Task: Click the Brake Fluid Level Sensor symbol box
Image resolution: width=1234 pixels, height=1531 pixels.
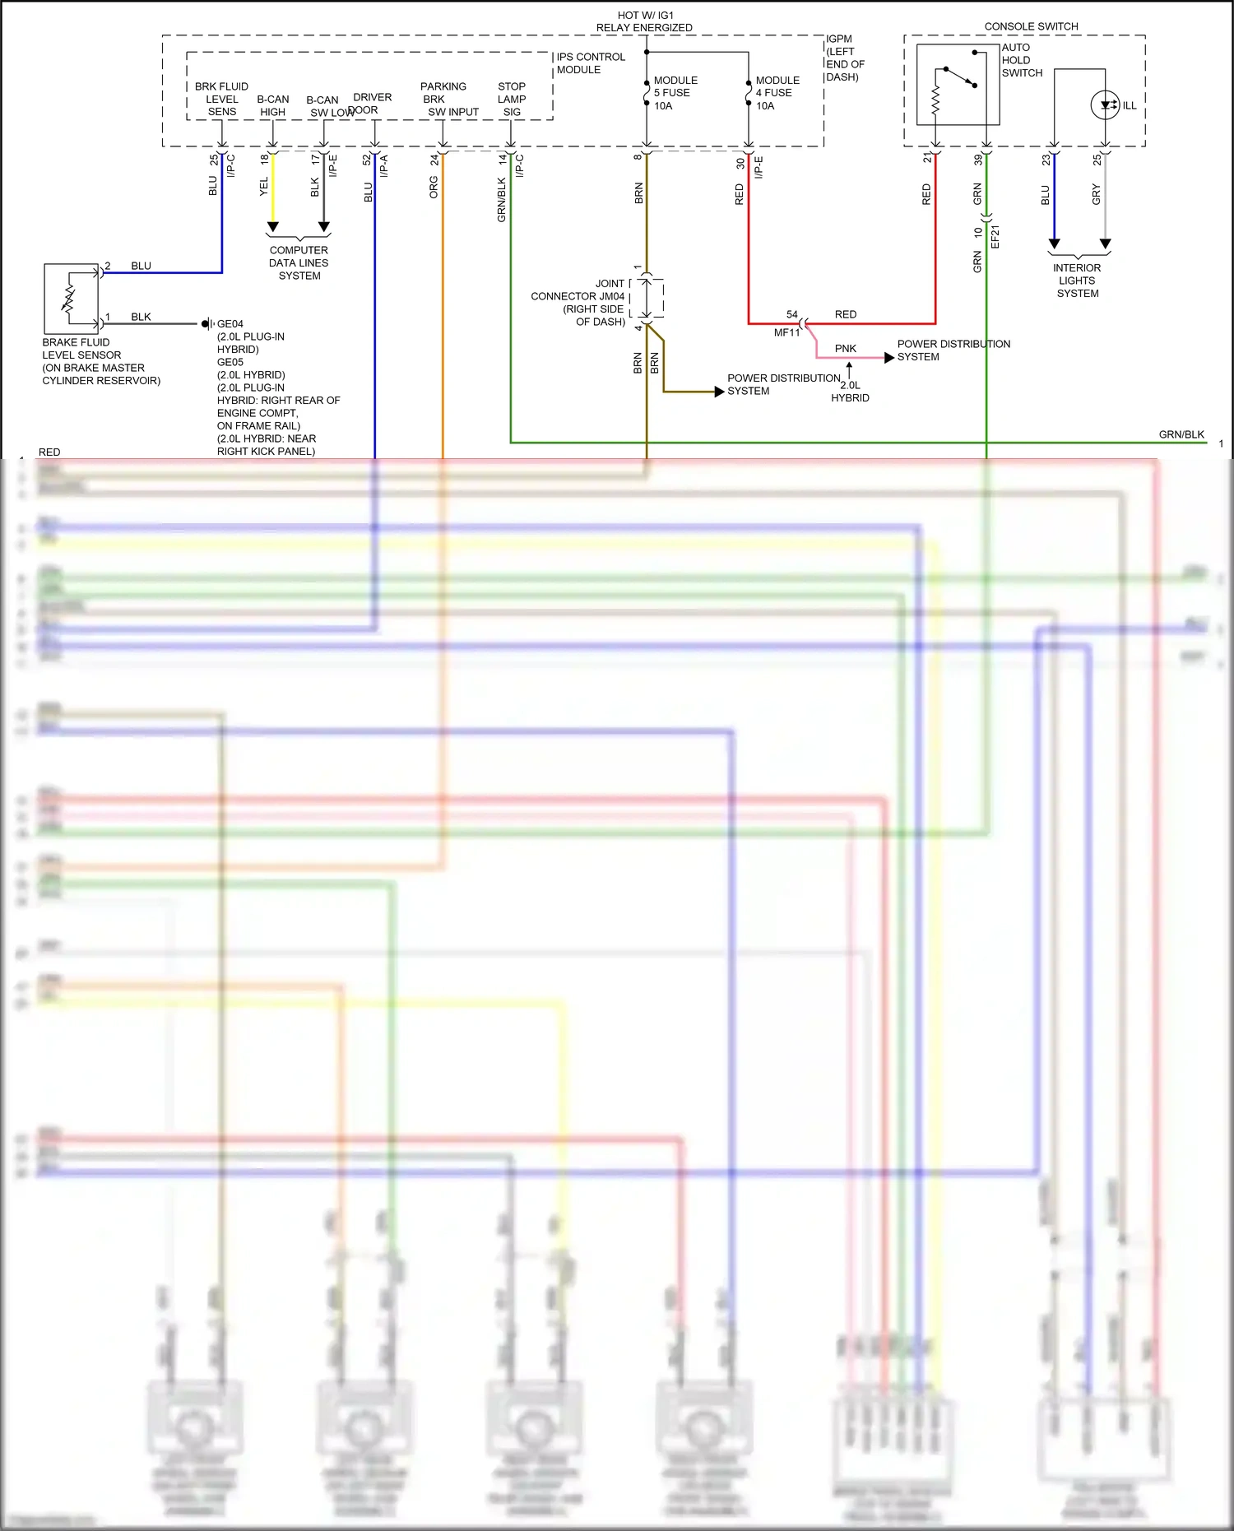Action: click(x=71, y=298)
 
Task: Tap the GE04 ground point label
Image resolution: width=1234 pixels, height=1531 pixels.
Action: click(x=230, y=324)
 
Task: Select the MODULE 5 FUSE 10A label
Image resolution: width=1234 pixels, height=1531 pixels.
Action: click(x=675, y=93)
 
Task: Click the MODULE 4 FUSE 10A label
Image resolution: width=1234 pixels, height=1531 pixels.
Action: click(x=777, y=93)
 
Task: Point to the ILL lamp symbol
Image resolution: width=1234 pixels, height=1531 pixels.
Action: click(x=1106, y=105)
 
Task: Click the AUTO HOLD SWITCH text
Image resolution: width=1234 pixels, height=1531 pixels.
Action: click(x=1022, y=60)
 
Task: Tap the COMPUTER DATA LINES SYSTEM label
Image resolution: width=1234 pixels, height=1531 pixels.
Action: click(x=299, y=262)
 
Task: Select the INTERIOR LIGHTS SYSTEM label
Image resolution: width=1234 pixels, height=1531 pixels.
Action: click(x=1077, y=281)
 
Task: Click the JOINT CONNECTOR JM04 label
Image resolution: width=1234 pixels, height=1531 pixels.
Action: click(x=578, y=302)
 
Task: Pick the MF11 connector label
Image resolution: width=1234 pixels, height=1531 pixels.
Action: click(x=786, y=332)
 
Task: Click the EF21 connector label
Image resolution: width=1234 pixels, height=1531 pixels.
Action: click(x=995, y=236)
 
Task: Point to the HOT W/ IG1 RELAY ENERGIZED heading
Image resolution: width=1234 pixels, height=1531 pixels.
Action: click(x=644, y=21)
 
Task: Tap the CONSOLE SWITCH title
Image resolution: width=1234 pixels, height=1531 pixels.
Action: click(x=1031, y=26)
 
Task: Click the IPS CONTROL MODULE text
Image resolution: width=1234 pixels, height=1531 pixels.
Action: click(x=590, y=63)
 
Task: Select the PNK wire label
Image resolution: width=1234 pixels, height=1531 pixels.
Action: click(x=845, y=349)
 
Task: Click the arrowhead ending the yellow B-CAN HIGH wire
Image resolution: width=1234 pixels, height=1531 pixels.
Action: click(x=273, y=226)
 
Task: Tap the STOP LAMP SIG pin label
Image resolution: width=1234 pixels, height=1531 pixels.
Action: click(x=511, y=99)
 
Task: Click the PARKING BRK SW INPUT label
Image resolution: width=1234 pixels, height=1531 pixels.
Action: click(x=448, y=99)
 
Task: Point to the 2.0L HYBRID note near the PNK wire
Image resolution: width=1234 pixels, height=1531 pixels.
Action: click(x=850, y=392)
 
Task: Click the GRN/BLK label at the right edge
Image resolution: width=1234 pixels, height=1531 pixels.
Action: click(x=1181, y=434)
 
